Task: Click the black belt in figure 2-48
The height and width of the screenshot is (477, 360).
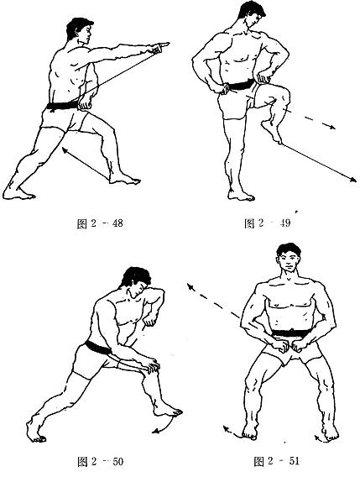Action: pyautogui.click(x=63, y=107)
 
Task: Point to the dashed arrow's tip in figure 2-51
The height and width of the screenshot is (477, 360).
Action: pyautogui.click(x=188, y=285)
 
